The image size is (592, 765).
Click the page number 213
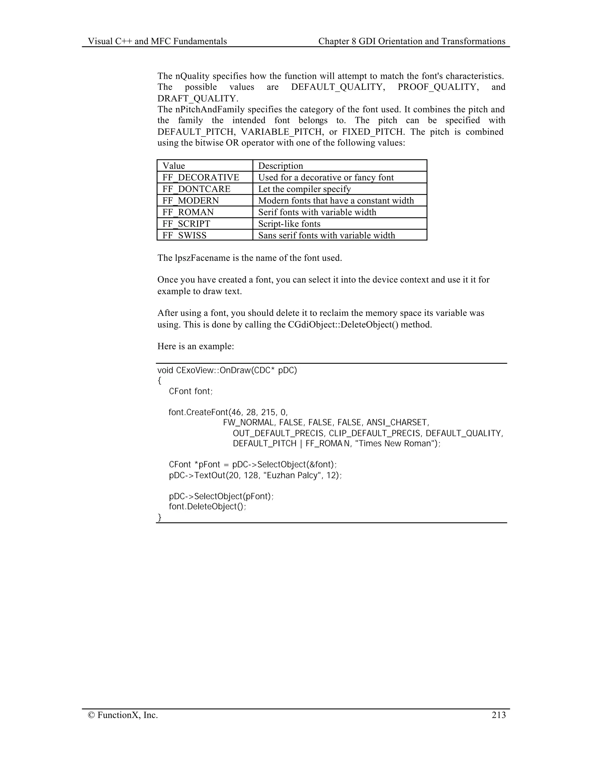point(498,715)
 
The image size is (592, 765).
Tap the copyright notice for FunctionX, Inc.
point(123,715)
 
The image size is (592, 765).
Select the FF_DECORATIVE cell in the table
point(201,177)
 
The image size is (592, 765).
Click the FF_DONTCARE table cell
point(196,189)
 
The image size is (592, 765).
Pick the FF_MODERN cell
point(190,200)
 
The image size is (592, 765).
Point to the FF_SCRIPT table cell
point(186,223)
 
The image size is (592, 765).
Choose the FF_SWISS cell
point(184,235)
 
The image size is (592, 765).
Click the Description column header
point(281,166)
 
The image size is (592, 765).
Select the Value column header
point(174,166)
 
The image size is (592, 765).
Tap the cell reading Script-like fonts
point(289,223)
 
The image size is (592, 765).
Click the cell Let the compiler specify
point(304,189)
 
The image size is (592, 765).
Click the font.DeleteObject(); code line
point(207,507)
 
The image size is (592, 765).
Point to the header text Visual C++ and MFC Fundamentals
point(157,41)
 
